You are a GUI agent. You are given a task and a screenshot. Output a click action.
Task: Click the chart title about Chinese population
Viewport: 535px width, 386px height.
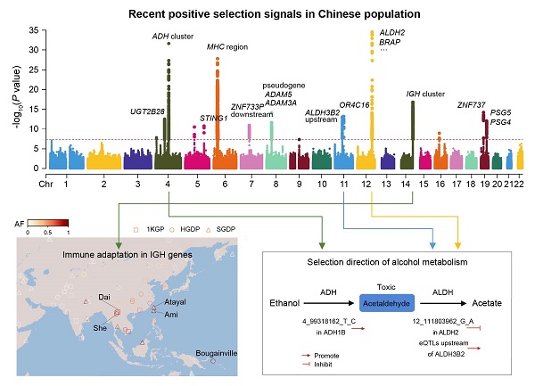[x=267, y=15]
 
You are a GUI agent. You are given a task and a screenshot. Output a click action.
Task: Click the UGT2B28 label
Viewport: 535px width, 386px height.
[x=148, y=111]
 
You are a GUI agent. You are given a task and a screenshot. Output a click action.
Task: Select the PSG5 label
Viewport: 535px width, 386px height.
[x=501, y=112]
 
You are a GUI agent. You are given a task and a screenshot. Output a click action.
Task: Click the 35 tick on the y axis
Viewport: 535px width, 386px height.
[x=34, y=30]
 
